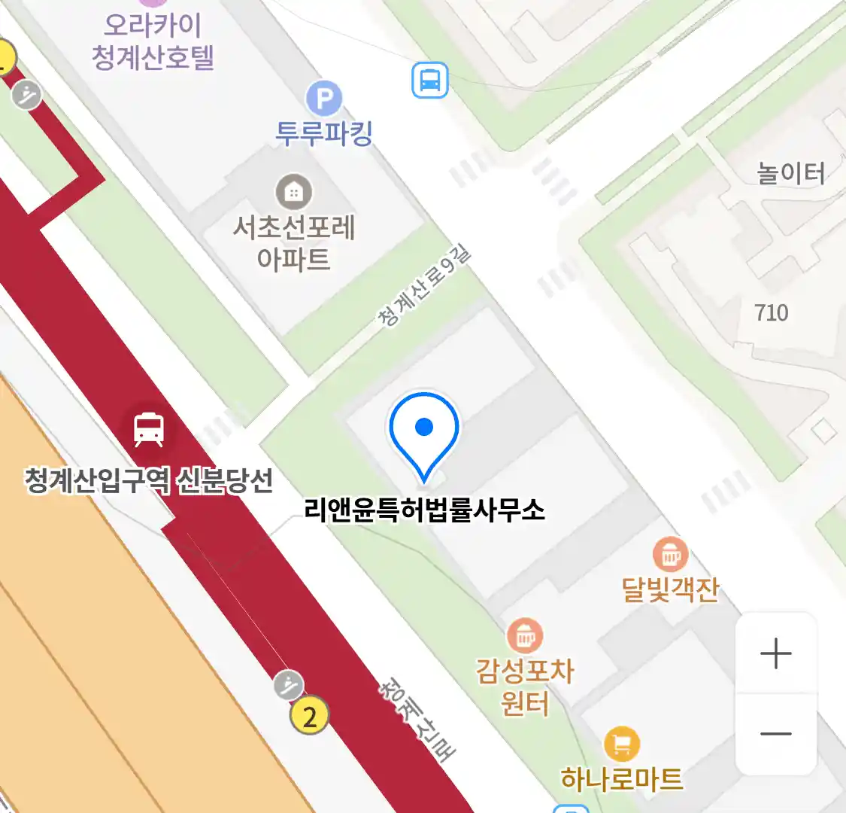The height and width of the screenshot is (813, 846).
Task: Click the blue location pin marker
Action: tap(424, 432)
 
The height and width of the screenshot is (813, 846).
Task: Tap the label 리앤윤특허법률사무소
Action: tap(424, 510)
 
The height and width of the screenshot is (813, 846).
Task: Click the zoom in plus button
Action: tap(775, 653)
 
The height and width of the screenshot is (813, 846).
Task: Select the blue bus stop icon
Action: tap(430, 80)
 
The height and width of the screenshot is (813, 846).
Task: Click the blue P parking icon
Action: tap(324, 99)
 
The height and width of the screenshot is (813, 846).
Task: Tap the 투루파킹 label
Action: tap(324, 133)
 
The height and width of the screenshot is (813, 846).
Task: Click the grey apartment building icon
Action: tap(293, 192)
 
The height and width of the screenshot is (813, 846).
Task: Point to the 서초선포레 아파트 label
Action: tap(293, 242)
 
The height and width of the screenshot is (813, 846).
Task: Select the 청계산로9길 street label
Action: tap(424, 286)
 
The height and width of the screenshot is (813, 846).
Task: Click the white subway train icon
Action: tap(149, 429)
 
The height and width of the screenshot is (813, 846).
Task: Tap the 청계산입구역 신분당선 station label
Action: tap(149, 480)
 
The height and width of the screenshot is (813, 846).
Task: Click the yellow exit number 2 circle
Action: tap(310, 715)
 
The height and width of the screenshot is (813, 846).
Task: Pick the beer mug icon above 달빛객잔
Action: tap(669, 555)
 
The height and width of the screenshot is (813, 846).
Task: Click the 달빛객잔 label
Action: tap(670, 589)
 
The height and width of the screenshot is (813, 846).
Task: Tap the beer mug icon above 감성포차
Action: tap(525, 636)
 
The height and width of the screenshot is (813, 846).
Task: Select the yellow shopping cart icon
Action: tap(622, 744)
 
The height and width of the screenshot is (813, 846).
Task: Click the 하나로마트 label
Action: tap(622, 779)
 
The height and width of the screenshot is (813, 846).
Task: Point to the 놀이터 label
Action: tap(790, 174)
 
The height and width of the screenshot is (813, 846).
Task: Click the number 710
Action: tap(772, 312)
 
